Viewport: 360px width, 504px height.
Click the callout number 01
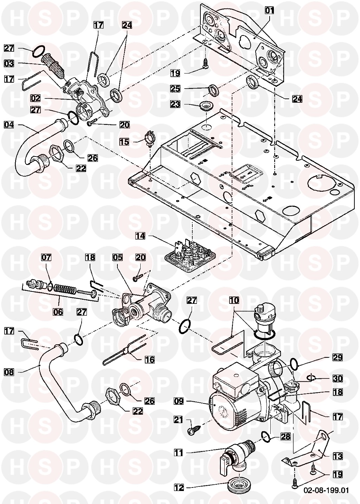click(x=269, y=10)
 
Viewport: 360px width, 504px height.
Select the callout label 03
click(x=9, y=64)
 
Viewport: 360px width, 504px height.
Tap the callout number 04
click(x=9, y=124)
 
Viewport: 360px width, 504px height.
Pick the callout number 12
click(x=179, y=487)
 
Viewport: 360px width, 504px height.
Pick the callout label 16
click(x=150, y=359)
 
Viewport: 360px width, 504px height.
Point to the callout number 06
click(x=58, y=312)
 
